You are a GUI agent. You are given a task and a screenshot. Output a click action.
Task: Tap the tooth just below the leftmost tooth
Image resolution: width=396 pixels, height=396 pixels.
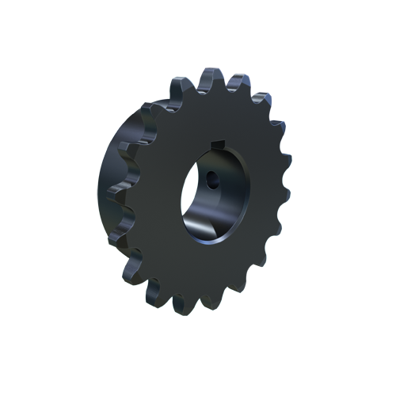click(x=127, y=230)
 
